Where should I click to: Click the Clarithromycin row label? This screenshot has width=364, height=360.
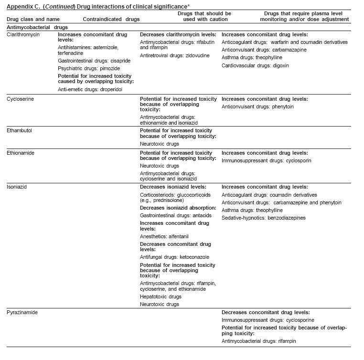[22, 35]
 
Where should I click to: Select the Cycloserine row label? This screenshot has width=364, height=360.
[20, 99]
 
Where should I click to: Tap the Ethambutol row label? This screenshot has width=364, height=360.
[19, 130]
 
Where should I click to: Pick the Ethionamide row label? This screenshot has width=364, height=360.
[20, 153]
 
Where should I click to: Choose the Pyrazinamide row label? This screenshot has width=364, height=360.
[22, 312]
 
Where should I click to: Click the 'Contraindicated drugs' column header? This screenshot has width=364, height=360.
[111, 19]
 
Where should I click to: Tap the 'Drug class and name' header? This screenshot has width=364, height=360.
[29, 19]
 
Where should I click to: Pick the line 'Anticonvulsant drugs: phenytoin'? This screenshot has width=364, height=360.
[258, 106]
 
